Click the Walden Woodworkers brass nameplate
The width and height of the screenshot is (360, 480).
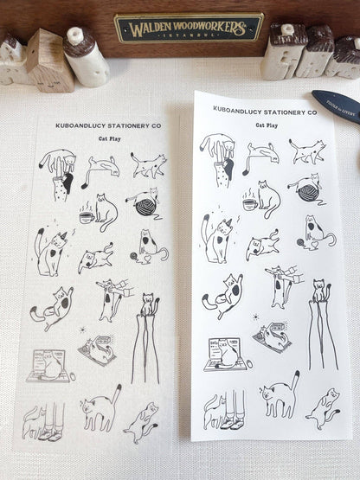click(x=189, y=28)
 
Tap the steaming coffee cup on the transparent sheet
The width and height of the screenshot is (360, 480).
click(x=87, y=214)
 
